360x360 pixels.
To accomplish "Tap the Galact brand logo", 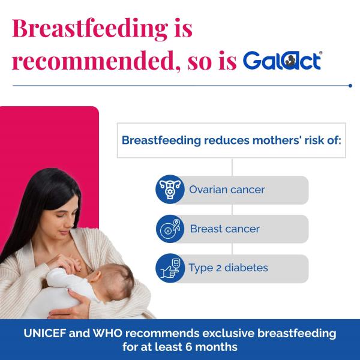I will point(283,61).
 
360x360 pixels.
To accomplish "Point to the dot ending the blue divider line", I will point(350,85).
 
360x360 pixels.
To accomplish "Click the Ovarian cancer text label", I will point(227,190).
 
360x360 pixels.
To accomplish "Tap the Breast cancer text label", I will point(225,229).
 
